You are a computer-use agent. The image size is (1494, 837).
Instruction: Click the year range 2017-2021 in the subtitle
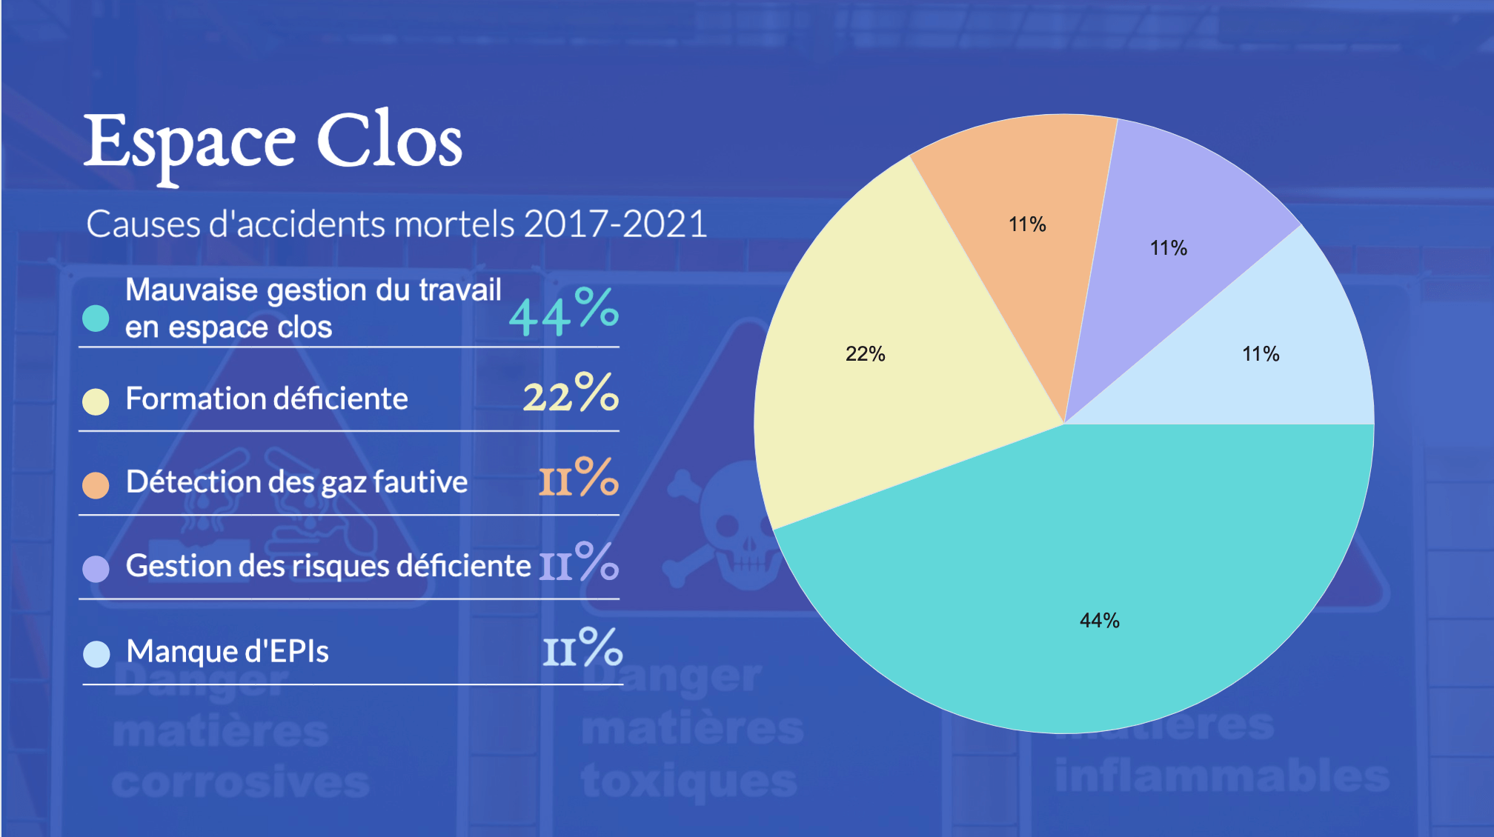(615, 224)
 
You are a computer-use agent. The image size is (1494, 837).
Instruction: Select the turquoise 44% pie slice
(1075, 578)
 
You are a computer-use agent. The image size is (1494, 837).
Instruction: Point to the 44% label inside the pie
(1099, 621)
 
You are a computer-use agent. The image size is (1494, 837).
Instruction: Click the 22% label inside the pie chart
(865, 354)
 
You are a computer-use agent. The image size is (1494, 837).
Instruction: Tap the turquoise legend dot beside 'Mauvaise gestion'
(96, 318)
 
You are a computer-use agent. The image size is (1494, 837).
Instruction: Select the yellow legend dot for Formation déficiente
(96, 401)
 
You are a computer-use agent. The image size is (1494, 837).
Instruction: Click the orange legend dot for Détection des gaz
(96, 485)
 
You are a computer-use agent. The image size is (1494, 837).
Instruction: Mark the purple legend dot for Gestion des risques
(96, 569)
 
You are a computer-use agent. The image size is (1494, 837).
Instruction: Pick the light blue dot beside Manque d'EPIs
(96, 654)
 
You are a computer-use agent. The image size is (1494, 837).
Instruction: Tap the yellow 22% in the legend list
(570, 394)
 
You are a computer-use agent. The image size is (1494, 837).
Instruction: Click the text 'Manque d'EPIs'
(228, 652)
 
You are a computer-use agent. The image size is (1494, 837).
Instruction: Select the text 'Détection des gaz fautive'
(296, 482)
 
